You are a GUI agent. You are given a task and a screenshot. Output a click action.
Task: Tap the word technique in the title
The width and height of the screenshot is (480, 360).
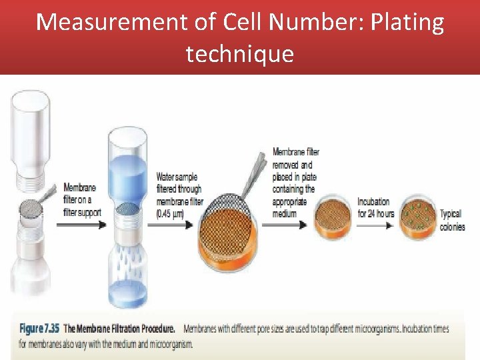[239, 53]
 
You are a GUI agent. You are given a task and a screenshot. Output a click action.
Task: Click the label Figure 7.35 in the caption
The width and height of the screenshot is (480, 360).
[40, 329]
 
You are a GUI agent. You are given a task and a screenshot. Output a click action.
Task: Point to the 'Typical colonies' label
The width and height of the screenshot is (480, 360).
[452, 220]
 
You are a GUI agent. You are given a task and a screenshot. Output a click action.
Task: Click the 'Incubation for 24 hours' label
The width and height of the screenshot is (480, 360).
[375, 207]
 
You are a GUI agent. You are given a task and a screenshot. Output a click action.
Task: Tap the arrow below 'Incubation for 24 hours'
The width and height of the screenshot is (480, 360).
[375, 225]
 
